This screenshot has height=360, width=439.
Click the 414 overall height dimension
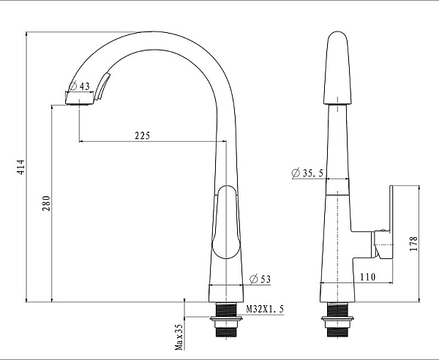click(x=21, y=167)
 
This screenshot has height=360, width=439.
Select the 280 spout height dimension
click(x=47, y=203)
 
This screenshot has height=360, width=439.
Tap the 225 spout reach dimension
click(x=143, y=136)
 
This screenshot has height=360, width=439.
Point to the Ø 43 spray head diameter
click(x=79, y=86)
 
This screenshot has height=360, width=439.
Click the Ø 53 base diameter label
click(x=260, y=279)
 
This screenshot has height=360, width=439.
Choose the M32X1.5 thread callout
click(x=265, y=309)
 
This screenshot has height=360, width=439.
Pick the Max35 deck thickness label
click(x=179, y=337)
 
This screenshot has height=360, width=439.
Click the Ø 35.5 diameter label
click(x=307, y=173)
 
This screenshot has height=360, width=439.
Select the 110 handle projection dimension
click(x=367, y=277)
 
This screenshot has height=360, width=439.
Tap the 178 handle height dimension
click(x=413, y=244)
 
